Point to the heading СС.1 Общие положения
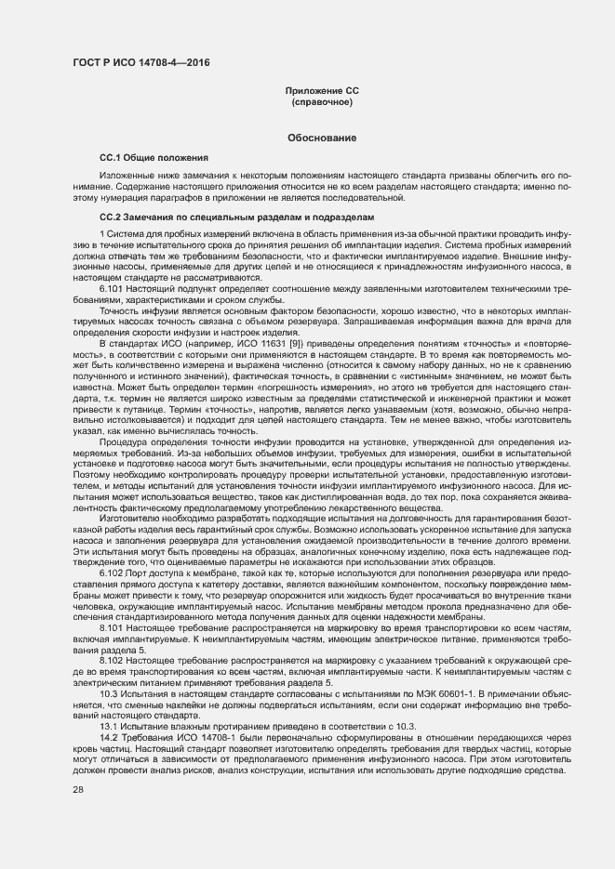154,158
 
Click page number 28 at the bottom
78,790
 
